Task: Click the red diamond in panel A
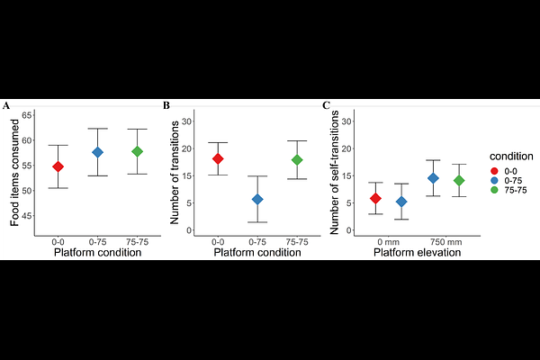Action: [58, 166]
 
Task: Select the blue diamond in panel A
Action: [97, 152]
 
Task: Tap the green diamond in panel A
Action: [137, 151]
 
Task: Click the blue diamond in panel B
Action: [257, 199]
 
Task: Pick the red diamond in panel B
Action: [218, 158]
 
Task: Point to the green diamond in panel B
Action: [297, 160]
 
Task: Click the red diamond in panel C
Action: [375, 198]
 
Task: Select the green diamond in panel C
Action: [459, 180]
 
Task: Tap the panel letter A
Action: [6, 105]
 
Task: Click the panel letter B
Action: [166, 105]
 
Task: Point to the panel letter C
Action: [326, 105]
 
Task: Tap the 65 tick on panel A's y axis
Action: [27, 115]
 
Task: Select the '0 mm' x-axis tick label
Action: [389, 242]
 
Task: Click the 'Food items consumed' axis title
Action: [15, 171]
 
